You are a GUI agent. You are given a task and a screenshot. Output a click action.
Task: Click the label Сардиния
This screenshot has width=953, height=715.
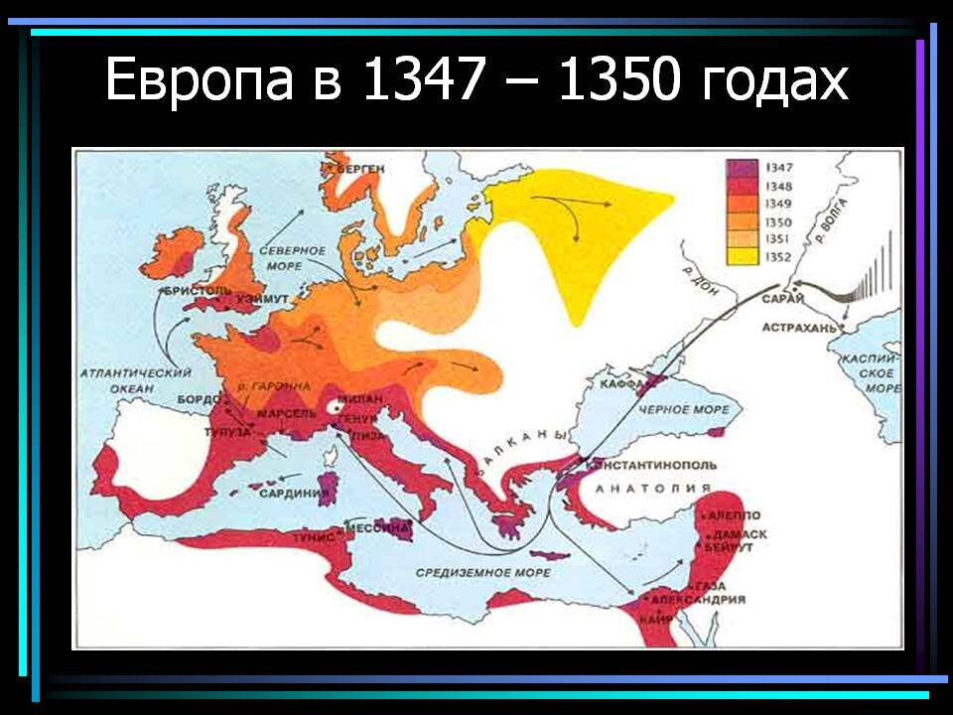[x=294, y=491]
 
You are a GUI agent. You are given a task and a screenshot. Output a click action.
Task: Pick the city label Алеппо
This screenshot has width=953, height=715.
[x=736, y=515]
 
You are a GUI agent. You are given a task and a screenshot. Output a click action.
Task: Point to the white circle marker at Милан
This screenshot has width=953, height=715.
[x=336, y=407]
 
